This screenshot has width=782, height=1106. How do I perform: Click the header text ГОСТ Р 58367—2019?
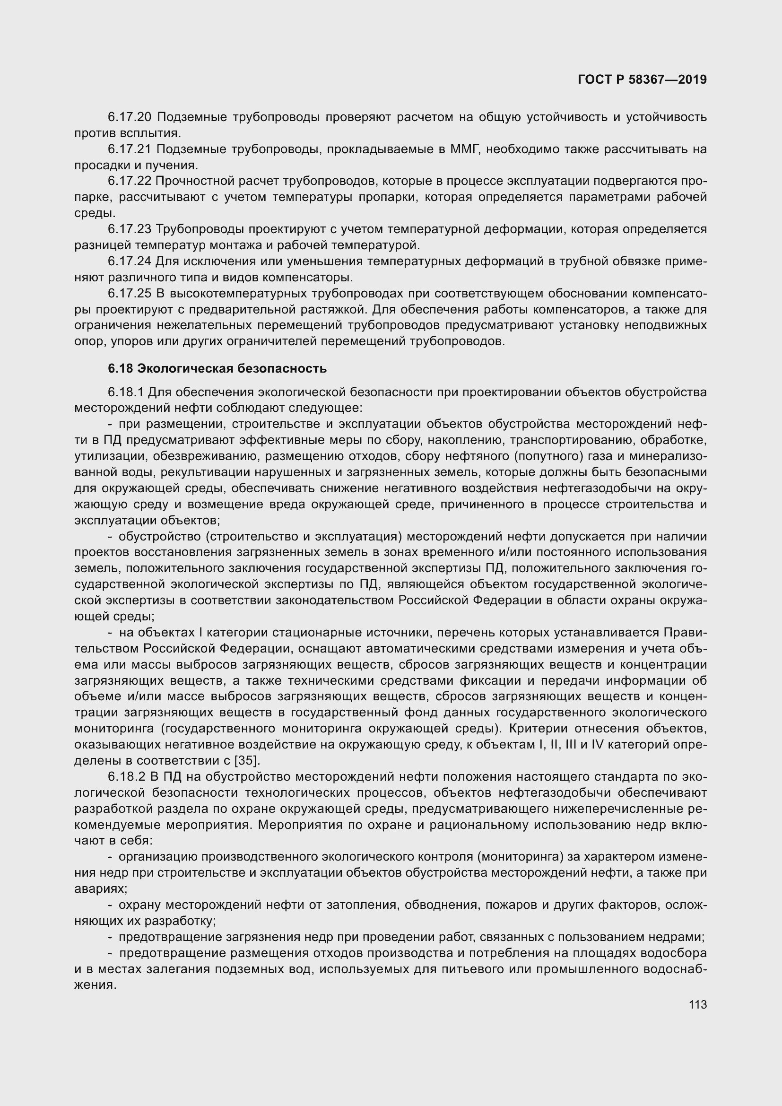click(642, 79)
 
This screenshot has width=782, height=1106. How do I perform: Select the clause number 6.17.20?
click(130, 117)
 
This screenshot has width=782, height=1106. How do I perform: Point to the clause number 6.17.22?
click(130, 181)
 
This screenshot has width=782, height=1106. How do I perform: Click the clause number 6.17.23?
click(130, 229)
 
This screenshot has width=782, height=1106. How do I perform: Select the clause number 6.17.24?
click(130, 261)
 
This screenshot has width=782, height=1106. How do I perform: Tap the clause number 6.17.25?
click(130, 293)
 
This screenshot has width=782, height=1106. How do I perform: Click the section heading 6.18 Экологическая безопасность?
click(217, 368)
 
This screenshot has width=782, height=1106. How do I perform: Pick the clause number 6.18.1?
click(126, 392)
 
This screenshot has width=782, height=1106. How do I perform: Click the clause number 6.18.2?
click(126, 777)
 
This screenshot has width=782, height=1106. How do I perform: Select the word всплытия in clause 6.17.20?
click(150, 133)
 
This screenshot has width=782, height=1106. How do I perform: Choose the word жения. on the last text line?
click(96, 985)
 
